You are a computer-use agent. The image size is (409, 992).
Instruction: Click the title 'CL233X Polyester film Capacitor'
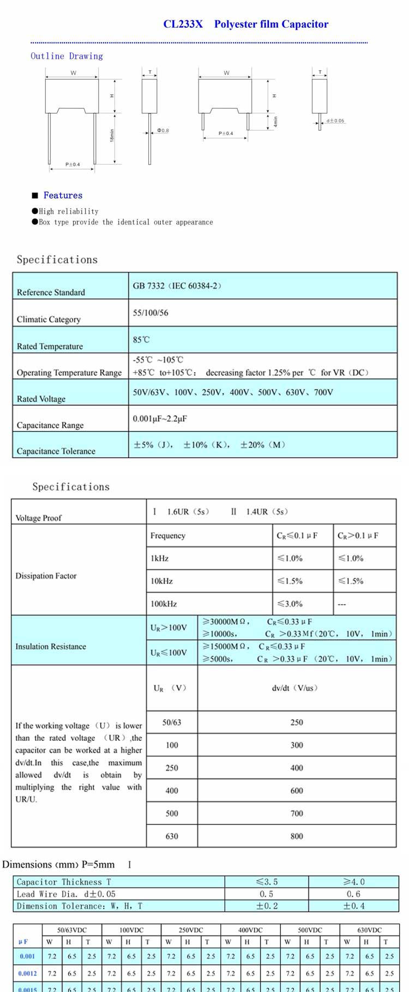(x=245, y=24)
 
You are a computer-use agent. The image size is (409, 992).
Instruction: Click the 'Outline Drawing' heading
(x=67, y=56)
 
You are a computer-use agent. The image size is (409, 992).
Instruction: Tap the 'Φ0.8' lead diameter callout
(x=163, y=131)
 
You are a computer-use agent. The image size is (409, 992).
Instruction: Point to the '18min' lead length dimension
(x=112, y=136)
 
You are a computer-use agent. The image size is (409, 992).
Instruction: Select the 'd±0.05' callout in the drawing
(x=335, y=121)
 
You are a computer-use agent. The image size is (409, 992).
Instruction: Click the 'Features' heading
(x=63, y=196)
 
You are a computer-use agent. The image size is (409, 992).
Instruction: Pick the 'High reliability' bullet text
(x=68, y=211)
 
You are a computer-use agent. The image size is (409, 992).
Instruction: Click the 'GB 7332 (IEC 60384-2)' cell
(x=177, y=286)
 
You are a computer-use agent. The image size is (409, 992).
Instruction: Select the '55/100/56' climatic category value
(x=151, y=313)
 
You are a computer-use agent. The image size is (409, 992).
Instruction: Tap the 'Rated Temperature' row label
(x=50, y=346)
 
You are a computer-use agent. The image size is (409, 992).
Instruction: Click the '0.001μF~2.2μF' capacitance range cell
(x=160, y=419)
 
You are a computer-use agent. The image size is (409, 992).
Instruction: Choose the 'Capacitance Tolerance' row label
(x=56, y=451)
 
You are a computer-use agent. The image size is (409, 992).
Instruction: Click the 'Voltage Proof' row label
(x=38, y=518)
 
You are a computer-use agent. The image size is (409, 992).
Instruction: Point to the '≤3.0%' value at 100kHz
(x=290, y=604)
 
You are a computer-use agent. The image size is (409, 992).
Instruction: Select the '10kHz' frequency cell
(x=161, y=581)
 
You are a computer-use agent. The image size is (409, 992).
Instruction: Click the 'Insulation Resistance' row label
(x=51, y=647)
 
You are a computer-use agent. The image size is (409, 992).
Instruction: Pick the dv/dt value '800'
(x=297, y=836)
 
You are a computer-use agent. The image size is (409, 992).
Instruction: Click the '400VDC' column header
(x=250, y=930)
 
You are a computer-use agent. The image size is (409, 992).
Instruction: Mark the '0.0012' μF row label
(x=27, y=973)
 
